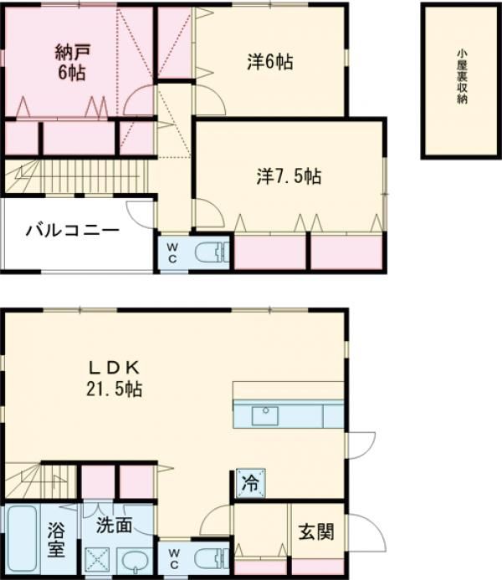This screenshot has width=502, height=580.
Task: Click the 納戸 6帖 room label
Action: pos(72,62)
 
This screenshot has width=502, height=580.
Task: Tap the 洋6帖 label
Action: pos(270,61)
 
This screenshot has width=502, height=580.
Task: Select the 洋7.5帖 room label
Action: pos(289,176)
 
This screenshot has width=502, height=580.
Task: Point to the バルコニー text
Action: pos(73,231)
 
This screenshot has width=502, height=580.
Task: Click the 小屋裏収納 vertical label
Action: pos(461,77)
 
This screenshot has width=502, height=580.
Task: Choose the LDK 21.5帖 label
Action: pos(114,379)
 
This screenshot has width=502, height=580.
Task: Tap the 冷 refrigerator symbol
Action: pos(251,483)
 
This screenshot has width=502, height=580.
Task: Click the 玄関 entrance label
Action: pos(316,532)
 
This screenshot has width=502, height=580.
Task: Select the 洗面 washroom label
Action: pos(114,525)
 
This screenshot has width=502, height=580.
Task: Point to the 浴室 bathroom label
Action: pos(56,540)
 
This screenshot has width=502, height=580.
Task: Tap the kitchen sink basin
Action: pos(265,415)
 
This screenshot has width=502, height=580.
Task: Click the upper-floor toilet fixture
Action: pos(212,252)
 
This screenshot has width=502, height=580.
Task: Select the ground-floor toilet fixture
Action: pos(212,558)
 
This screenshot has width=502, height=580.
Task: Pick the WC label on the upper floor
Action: pos(172,252)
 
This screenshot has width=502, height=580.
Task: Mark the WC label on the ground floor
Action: pos(174,558)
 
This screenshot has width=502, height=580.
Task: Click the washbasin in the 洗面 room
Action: pos(134,561)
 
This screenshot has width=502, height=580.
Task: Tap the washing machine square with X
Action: pos(97,560)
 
